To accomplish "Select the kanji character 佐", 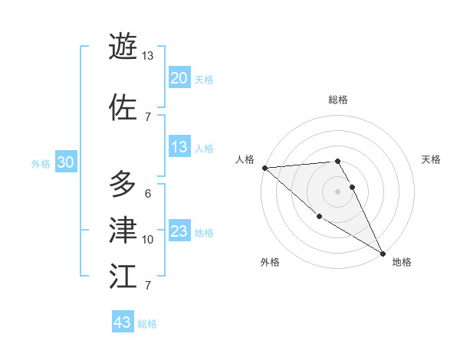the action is (123, 106).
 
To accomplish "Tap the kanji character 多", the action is (123, 183).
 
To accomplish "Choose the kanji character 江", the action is (123, 276).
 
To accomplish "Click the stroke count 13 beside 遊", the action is (147, 56).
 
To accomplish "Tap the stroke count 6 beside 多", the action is (147, 193).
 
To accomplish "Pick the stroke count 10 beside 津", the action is (147, 240).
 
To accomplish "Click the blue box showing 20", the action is (179, 78).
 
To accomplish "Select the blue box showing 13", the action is (179, 148).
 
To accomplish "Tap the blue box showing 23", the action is (179, 232).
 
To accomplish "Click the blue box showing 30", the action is (65, 163).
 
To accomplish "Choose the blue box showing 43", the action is (123, 322).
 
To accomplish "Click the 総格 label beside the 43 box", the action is (147, 324).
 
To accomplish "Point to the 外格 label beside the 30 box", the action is (41, 164).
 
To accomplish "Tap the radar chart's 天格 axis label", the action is (431, 159).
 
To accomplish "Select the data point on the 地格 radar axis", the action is (383, 253).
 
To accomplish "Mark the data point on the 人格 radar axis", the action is (264, 168).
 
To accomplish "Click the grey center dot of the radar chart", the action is (337, 191).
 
